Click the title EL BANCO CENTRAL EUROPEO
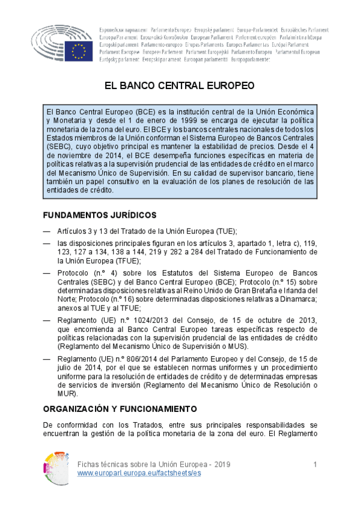[180, 85]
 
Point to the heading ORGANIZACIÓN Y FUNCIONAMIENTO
[120, 409]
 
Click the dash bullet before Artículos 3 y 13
[47, 232]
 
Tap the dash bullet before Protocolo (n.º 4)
[47, 272]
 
